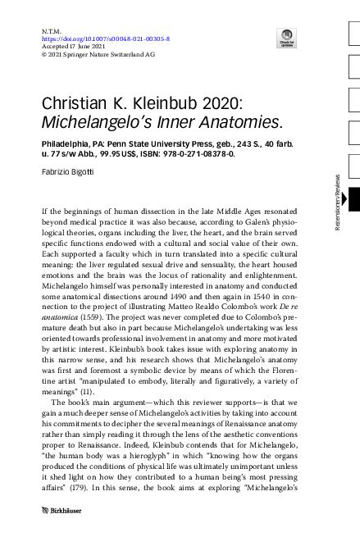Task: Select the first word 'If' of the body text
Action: (x=45, y=212)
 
